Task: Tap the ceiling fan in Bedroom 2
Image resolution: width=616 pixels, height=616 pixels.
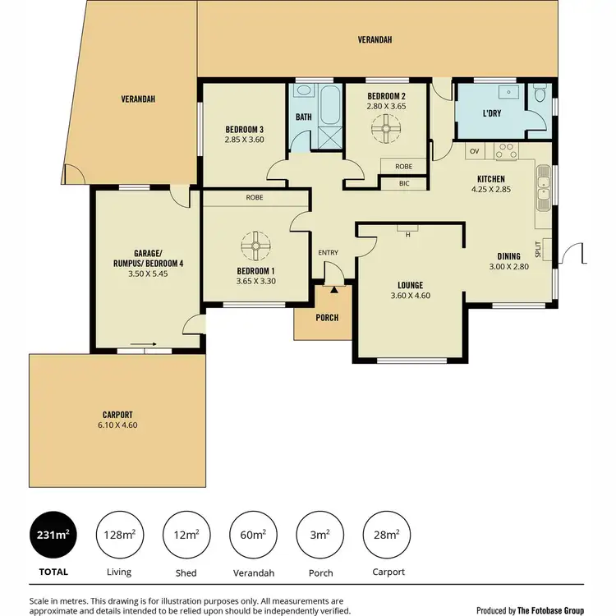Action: [x=384, y=127]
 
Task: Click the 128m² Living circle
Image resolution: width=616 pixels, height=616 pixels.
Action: [x=120, y=536]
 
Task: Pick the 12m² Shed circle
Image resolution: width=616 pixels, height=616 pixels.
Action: [x=186, y=536]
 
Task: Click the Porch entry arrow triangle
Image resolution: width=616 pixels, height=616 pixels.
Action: [x=334, y=289]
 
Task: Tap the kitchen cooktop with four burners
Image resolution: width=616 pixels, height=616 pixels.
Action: [x=504, y=151]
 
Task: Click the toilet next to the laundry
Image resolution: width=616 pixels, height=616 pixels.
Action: [x=539, y=96]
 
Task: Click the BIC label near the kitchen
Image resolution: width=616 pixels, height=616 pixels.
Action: [x=403, y=182]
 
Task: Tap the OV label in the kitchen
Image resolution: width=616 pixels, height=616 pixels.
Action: [x=474, y=151]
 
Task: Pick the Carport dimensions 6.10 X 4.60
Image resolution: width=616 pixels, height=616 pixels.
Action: [x=118, y=425]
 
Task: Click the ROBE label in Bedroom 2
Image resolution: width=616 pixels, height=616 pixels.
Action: [x=403, y=166]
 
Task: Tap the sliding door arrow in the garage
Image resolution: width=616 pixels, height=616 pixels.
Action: [x=143, y=346]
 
